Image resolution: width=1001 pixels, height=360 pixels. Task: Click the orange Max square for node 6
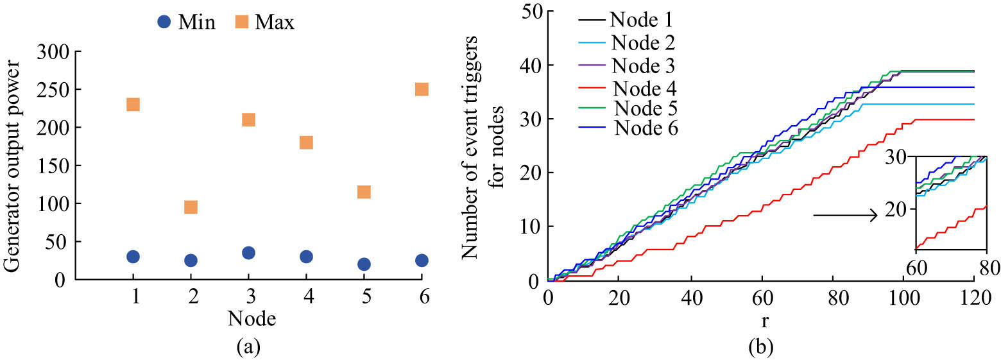[x=422, y=89]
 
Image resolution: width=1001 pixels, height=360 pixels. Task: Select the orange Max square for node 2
[x=191, y=207]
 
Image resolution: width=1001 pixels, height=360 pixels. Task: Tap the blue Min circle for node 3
[x=248, y=253]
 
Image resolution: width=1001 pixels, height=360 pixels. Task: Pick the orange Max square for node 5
[x=364, y=192]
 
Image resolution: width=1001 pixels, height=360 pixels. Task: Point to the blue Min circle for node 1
[x=133, y=257]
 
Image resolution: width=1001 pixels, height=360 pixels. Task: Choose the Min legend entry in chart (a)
[x=185, y=22]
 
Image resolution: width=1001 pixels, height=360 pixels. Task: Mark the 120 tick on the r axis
[x=974, y=301]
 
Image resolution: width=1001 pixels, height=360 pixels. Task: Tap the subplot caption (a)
[x=248, y=348]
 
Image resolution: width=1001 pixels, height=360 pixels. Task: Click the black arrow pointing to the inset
[x=844, y=216]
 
